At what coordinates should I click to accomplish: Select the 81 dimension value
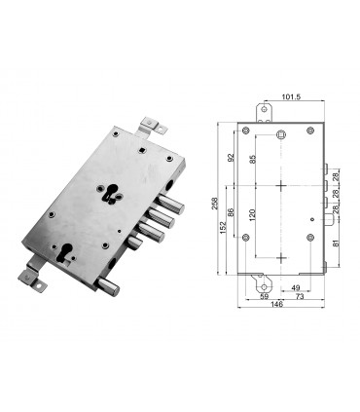[336, 243]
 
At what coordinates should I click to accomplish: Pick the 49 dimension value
[295, 286]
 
